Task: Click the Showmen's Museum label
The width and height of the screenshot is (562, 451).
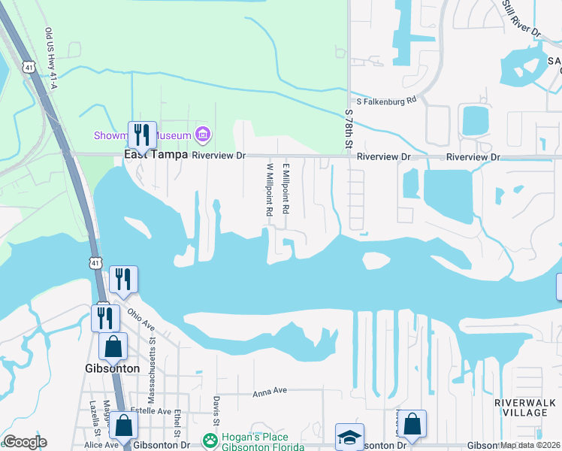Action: (142, 135)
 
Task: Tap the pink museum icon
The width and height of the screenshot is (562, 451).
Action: (202, 135)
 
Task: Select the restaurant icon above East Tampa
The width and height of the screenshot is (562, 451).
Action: (142, 135)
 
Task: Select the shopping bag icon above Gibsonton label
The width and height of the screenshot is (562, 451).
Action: (113, 347)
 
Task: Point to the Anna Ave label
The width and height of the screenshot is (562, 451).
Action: (270, 392)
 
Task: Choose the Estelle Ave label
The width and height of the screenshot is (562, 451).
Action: (149, 410)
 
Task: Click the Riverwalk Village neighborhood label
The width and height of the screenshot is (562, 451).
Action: (524, 407)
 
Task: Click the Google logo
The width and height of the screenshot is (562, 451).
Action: (25, 442)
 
